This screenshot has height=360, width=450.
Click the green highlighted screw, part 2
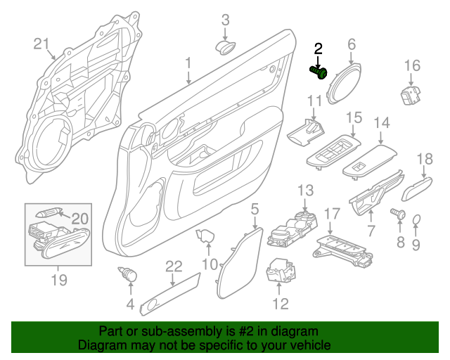pos(319,72)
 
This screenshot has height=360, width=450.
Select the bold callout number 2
pos(318,49)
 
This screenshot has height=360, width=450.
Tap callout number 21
pos(41,44)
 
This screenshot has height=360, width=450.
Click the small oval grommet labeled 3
pos(226,47)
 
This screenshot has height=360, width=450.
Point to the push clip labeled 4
pos(128,274)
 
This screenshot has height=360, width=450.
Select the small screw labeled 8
pos(399,214)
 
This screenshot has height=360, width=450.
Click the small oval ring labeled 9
pos(416,220)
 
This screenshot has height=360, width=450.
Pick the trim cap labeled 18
pos(417,188)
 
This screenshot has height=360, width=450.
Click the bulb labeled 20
pos(48,213)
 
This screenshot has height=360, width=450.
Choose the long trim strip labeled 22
pos(170,294)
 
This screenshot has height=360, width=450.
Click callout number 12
pos(280,304)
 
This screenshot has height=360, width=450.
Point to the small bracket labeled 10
pos(205,236)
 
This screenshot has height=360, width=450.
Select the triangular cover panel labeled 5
pos(240,263)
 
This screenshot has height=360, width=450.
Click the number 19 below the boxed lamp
pos(59,280)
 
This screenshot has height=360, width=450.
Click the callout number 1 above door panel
pos(188,63)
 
